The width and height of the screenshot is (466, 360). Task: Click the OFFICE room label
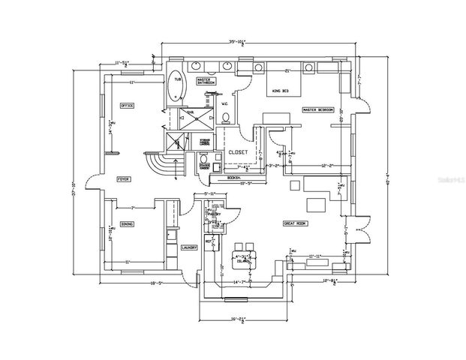pos(127,106)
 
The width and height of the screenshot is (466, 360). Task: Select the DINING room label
pos(127,224)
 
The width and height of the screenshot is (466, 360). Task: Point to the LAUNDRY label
pos(188,247)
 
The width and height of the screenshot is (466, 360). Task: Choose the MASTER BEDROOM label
pos(317,109)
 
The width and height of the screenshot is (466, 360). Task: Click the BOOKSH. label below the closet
pos(233,178)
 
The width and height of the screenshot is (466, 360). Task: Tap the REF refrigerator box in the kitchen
pos(208,242)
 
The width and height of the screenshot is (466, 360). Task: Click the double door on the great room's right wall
pos(362,228)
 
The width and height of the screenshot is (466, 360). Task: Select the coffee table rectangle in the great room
pos(315,204)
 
